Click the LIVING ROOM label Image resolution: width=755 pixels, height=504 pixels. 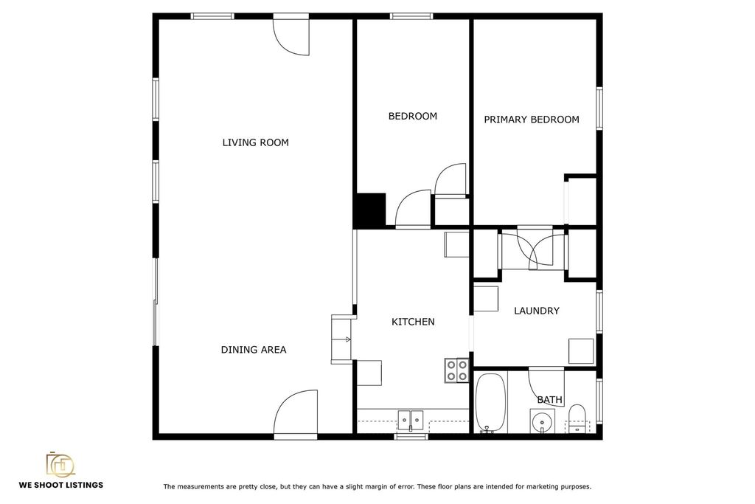(x=255, y=142)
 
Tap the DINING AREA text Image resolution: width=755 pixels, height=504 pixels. (x=254, y=350)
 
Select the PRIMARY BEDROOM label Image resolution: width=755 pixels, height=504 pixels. (x=531, y=120)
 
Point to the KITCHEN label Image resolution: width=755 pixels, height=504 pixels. (x=413, y=322)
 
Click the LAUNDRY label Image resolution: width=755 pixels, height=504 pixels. (x=537, y=311)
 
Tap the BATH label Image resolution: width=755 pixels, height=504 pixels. (x=549, y=400)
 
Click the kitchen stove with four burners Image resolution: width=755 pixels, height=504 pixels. (x=456, y=370)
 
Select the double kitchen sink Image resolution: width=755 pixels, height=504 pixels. (x=410, y=420)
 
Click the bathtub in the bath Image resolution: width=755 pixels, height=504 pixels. (x=490, y=403)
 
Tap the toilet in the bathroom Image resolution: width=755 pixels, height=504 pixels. (x=577, y=419)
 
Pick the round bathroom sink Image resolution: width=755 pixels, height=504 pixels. (x=542, y=422)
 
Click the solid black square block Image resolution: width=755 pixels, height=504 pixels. (x=370, y=210)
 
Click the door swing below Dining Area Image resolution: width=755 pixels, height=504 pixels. (x=296, y=413)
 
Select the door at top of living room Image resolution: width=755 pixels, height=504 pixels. (x=290, y=35)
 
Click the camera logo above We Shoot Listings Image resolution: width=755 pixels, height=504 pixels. (x=60, y=464)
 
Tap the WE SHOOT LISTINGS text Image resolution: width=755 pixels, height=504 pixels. (x=61, y=485)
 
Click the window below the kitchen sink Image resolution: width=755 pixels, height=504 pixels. (x=411, y=437)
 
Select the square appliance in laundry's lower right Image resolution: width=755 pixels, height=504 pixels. (x=581, y=351)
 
